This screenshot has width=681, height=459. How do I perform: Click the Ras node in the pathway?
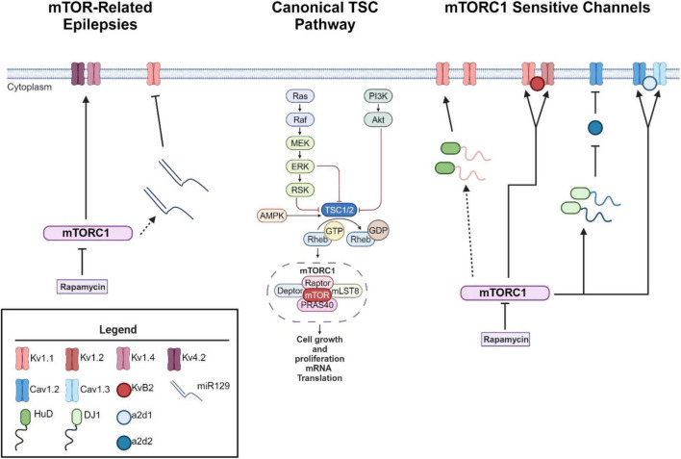point(300,96)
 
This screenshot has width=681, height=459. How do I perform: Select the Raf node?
point(300,119)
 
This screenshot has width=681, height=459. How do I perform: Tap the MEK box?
point(300,143)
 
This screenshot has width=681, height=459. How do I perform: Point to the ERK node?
point(300,166)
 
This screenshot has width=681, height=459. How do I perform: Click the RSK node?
point(300,190)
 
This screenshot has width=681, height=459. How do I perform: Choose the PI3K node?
point(378,96)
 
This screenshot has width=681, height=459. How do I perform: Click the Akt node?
point(378,119)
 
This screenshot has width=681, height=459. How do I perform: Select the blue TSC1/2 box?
point(339,211)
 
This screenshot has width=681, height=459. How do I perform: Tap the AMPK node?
point(272,216)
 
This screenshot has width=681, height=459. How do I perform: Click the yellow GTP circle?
point(334,231)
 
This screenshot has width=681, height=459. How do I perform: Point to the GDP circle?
point(378,230)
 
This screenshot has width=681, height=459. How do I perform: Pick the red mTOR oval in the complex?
point(317,295)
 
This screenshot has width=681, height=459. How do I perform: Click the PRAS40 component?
point(317,305)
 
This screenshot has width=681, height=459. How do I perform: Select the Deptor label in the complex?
point(290,291)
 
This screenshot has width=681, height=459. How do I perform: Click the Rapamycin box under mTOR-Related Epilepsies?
point(83,287)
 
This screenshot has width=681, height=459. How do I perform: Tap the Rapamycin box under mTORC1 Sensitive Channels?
point(506,339)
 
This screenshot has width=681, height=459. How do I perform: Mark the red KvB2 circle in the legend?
point(124,389)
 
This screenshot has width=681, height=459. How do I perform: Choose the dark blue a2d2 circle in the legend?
point(124,443)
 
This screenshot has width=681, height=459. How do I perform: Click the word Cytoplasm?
point(30,87)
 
